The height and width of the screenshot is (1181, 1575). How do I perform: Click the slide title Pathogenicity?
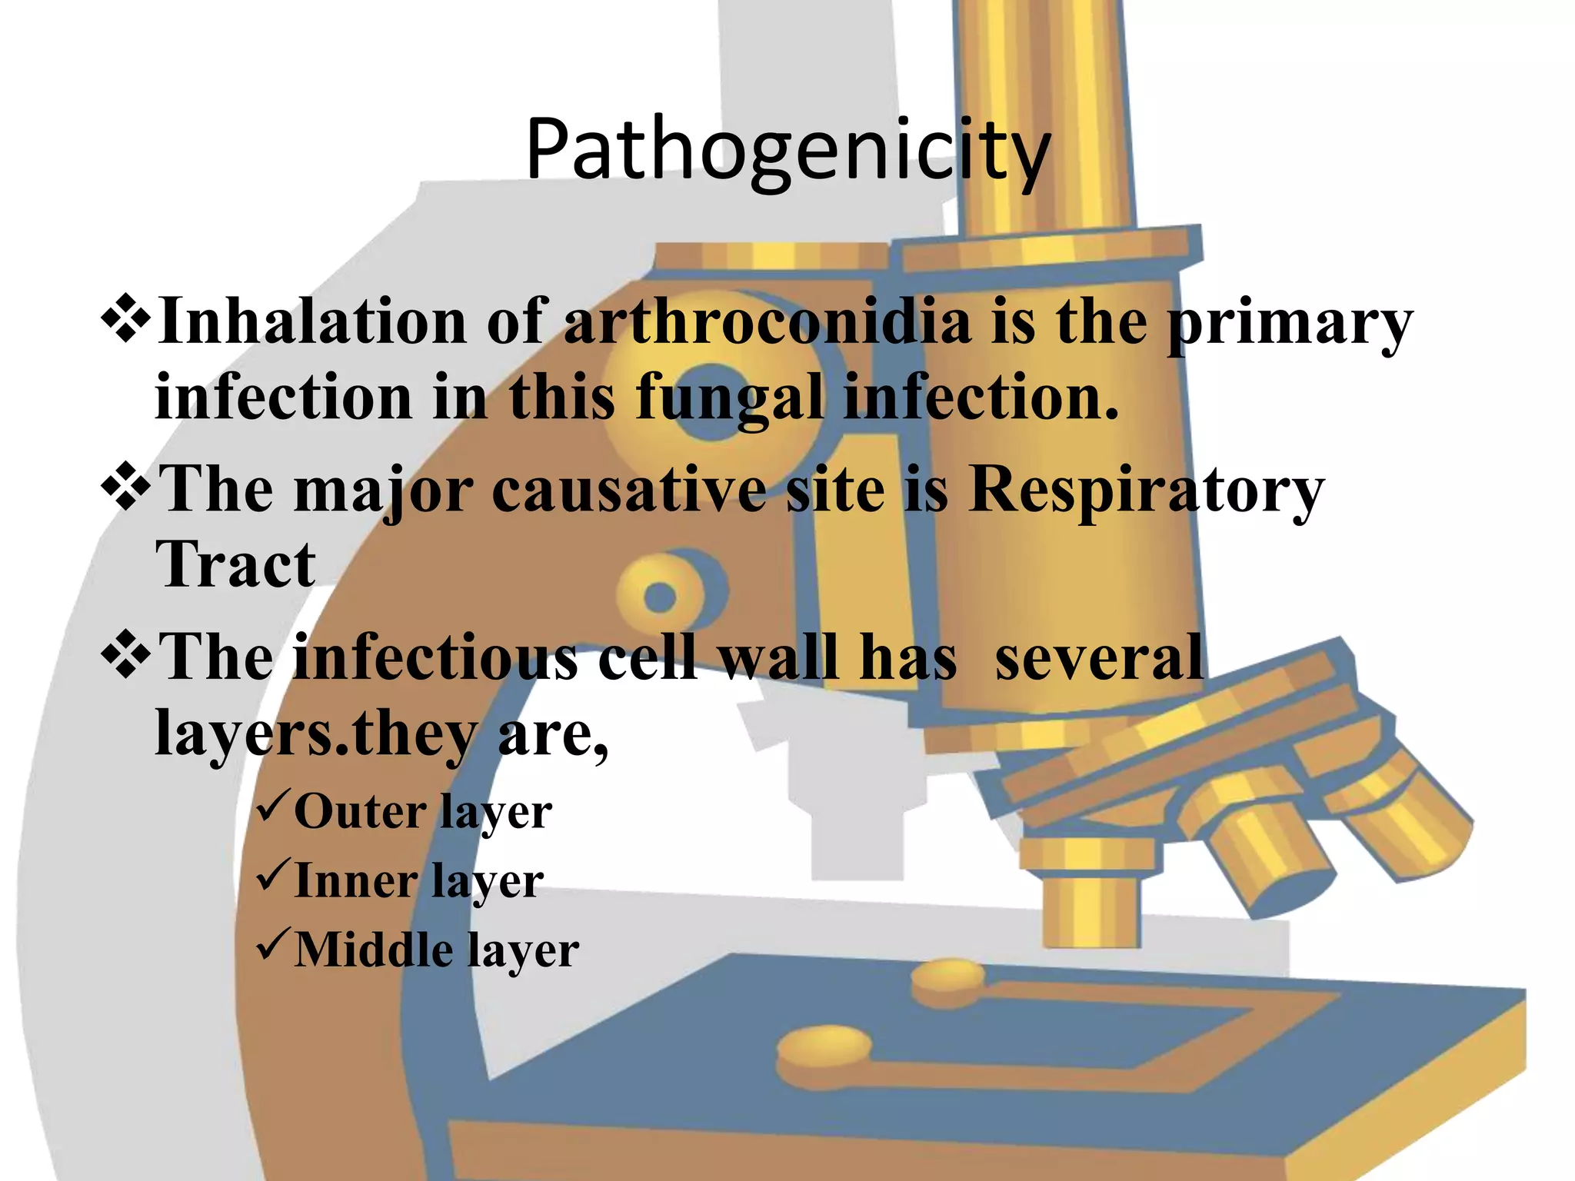(x=787, y=150)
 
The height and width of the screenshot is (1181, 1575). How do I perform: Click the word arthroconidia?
(x=768, y=321)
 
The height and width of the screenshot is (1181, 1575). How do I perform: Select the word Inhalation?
(x=311, y=321)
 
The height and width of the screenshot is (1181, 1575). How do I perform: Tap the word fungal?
(x=728, y=398)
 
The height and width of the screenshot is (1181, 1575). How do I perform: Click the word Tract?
(x=235, y=565)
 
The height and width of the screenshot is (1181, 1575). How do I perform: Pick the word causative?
(x=628, y=490)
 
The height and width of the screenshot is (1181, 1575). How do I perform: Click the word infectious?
(x=435, y=658)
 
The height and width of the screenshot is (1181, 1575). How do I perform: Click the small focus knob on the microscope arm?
(x=660, y=596)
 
